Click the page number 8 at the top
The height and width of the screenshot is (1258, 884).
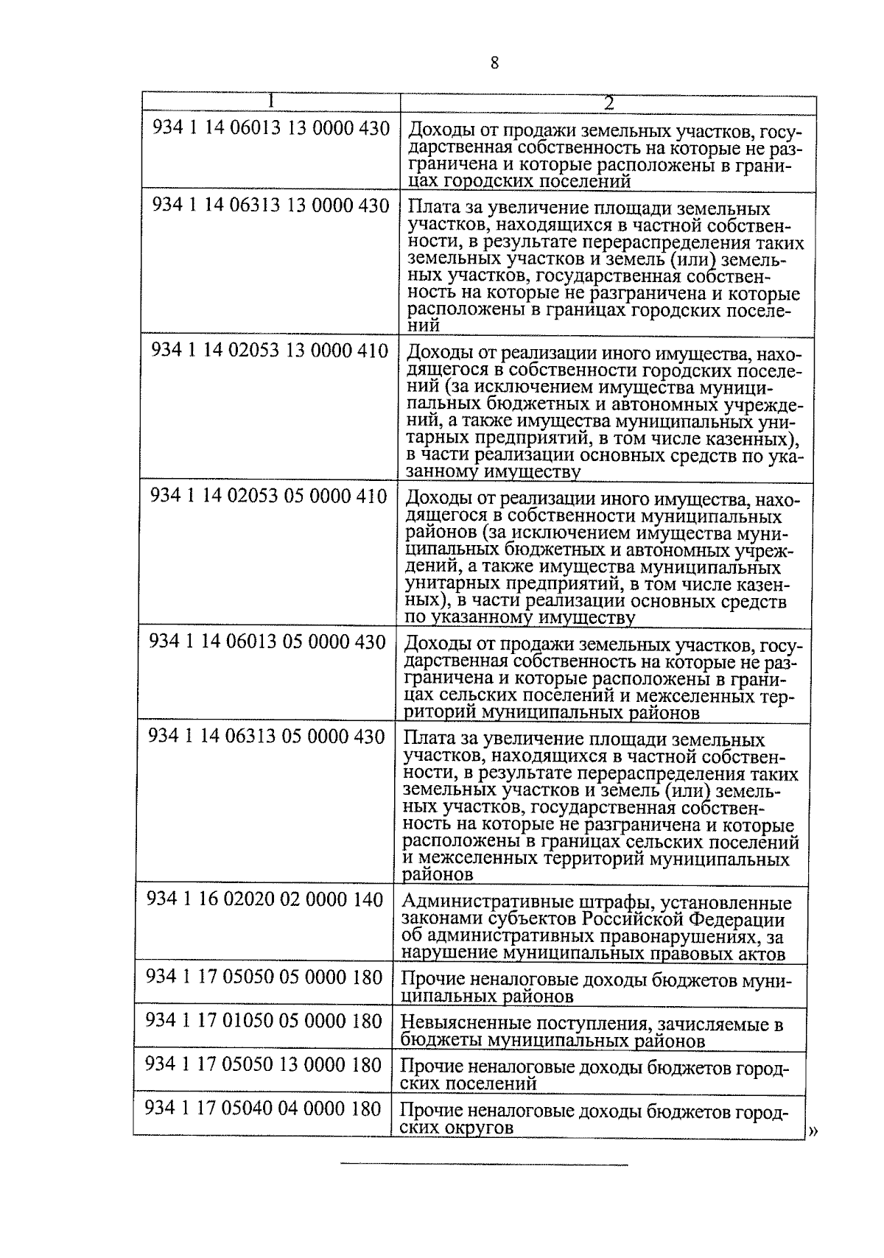(x=494, y=63)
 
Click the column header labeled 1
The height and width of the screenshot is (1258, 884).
(x=272, y=102)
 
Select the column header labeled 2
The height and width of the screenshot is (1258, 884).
(x=608, y=104)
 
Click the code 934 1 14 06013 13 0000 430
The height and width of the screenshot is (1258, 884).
(x=270, y=129)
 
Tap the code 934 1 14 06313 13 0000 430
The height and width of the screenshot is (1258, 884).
(x=270, y=205)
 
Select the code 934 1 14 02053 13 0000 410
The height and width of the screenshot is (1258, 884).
(x=270, y=351)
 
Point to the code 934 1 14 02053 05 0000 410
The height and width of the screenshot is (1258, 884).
(x=269, y=496)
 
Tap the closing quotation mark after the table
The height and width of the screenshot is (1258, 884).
(x=813, y=1132)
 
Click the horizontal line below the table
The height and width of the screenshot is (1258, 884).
(x=484, y=1164)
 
